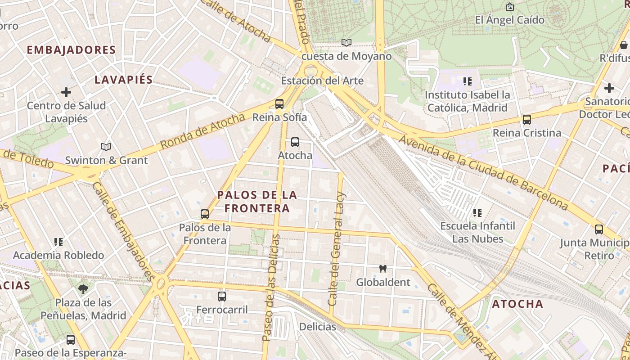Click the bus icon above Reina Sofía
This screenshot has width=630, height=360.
(279, 104)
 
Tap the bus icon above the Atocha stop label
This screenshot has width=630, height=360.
(295, 142)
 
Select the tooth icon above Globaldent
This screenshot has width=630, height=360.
(383, 269)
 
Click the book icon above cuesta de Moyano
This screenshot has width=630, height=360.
(346, 43)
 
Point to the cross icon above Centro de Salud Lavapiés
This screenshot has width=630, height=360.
(66, 92)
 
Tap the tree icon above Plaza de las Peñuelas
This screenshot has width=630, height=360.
(83, 289)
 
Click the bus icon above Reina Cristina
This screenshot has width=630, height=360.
(527, 120)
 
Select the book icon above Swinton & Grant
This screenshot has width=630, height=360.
(106, 147)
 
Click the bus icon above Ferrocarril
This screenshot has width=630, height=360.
(222, 296)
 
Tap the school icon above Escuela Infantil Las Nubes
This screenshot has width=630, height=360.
(477, 212)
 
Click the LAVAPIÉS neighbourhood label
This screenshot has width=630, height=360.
(124, 80)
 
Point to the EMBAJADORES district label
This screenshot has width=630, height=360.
(71, 50)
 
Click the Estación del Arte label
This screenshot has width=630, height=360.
(322, 81)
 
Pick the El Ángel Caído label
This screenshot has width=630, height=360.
(509, 20)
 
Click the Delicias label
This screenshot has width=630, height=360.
(317, 327)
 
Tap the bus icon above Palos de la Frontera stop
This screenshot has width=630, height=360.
(205, 214)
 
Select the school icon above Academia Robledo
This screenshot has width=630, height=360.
(58, 242)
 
